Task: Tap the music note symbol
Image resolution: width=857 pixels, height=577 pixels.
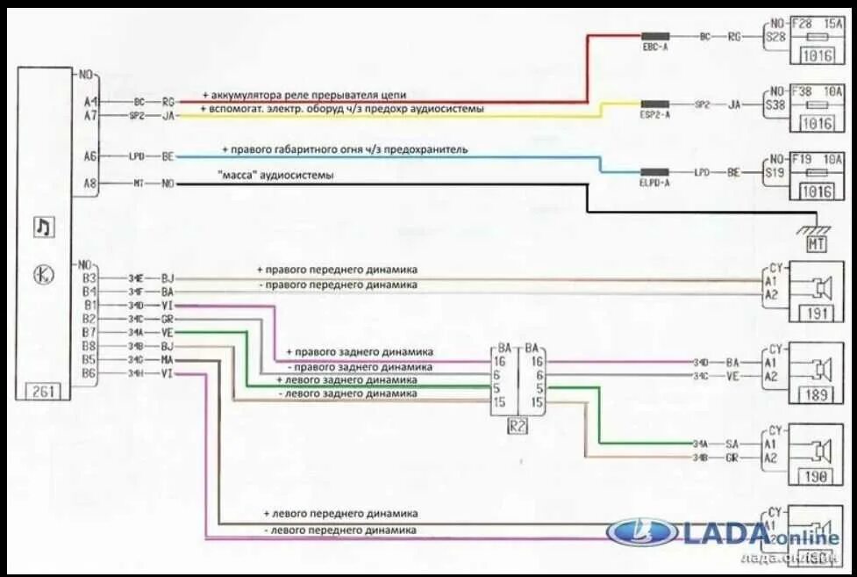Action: pyautogui.click(x=43, y=227)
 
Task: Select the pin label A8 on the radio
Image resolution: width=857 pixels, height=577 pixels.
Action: pyautogui.click(x=90, y=184)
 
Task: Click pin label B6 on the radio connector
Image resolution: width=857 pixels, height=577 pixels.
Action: pyautogui.click(x=89, y=373)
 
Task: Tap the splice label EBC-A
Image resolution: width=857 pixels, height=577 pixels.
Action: pyautogui.click(x=654, y=47)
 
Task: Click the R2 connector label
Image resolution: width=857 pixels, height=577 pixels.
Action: pyautogui.click(x=518, y=428)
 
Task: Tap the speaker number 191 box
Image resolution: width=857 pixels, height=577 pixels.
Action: pyautogui.click(x=817, y=314)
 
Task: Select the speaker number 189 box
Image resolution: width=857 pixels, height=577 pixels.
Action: pyautogui.click(x=817, y=395)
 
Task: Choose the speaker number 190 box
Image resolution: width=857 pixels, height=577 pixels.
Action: pyautogui.click(x=817, y=477)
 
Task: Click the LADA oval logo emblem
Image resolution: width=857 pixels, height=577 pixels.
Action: pyautogui.click(x=643, y=532)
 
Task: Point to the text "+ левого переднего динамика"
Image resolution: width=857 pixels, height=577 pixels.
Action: pyautogui.click(x=340, y=513)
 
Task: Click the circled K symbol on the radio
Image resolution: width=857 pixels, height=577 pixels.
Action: pyautogui.click(x=43, y=274)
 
